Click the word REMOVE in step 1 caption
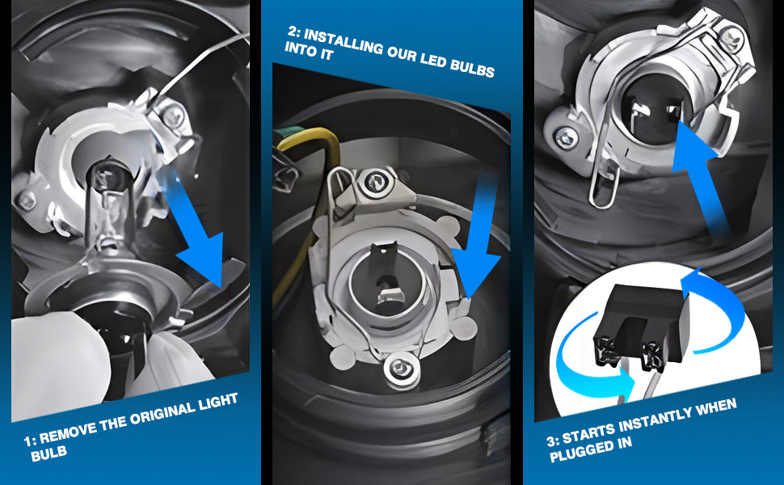click(x=68, y=432)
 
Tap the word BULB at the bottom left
click(x=48, y=453)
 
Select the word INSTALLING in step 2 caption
click(x=344, y=44)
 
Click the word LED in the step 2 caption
click(x=433, y=61)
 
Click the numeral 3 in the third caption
click(x=551, y=441)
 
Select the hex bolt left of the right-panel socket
click(x=566, y=136)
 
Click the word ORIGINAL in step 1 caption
click(x=159, y=411)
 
